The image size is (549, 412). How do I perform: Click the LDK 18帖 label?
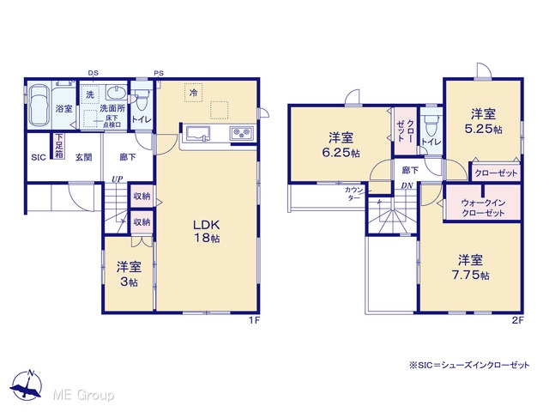(207, 231)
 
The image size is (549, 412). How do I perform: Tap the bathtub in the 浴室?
(39, 106)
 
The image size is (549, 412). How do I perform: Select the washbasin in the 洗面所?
(117, 93)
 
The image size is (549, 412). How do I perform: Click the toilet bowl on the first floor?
(142, 100)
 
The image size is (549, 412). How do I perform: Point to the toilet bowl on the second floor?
(431, 125)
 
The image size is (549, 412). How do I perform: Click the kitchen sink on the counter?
(198, 134)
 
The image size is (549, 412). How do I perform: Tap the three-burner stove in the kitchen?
(242, 133)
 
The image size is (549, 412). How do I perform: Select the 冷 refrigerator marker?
(193, 93)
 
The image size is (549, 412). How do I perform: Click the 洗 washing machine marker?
(90, 94)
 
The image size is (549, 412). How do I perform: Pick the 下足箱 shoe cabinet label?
(59, 146)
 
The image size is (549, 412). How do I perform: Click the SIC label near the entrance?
(39, 157)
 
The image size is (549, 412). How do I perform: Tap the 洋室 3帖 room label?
(129, 274)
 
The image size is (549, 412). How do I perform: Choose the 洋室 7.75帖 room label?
(471, 267)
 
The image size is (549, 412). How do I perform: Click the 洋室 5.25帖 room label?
(483, 121)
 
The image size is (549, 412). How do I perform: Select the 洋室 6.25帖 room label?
(341, 145)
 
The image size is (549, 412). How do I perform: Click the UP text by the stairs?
(118, 179)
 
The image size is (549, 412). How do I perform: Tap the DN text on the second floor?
(407, 185)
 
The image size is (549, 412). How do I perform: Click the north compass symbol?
(27, 385)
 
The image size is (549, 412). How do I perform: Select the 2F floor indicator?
(518, 320)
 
